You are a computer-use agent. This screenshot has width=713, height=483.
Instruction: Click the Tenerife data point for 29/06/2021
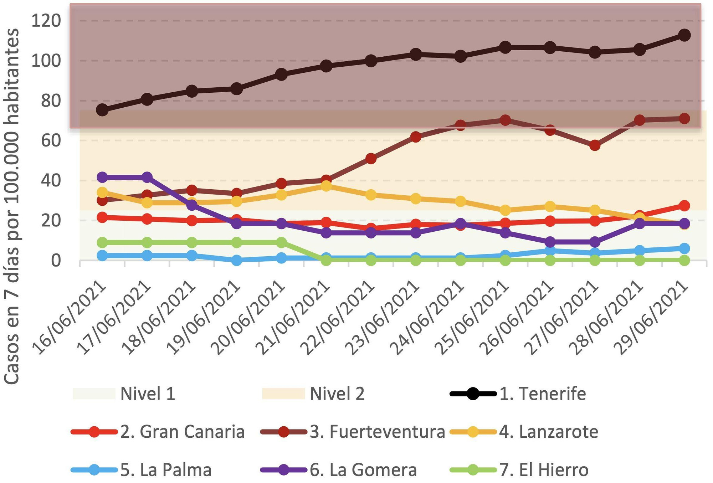[x=684, y=35]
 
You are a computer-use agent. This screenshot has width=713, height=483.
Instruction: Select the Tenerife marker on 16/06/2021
[x=102, y=110]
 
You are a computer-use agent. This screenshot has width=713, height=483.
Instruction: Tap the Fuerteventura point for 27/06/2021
[x=595, y=145]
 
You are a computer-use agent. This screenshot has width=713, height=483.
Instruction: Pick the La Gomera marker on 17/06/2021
[x=147, y=177]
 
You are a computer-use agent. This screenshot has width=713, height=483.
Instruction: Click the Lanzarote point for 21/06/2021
[x=326, y=186]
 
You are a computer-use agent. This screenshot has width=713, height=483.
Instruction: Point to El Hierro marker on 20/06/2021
[x=281, y=243]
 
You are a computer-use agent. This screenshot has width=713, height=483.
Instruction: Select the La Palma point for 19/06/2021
[x=237, y=260]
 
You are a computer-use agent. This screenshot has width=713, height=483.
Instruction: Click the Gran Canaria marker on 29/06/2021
[x=684, y=206]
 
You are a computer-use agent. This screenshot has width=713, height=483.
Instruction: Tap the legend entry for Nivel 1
[x=148, y=394]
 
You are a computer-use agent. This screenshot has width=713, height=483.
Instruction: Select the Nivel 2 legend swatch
[x=283, y=394]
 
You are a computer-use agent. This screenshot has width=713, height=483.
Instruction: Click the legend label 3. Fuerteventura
[x=378, y=432]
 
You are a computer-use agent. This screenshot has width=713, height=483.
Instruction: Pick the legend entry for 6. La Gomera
[x=363, y=470]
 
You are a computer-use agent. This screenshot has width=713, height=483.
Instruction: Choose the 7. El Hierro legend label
[x=544, y=470]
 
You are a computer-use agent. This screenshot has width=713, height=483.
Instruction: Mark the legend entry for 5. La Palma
[x=166, y=470]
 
